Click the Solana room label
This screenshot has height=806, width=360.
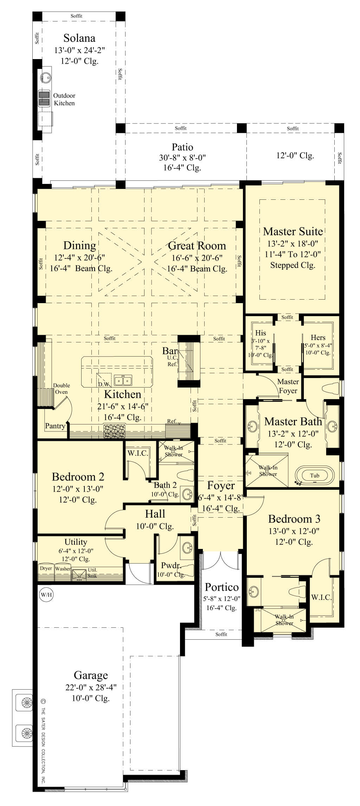click(x=79, y=38)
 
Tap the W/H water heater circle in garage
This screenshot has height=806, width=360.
click(x=45, y=595)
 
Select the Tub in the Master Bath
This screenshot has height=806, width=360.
click(x=314, y=476)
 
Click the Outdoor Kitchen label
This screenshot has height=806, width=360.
click(x=64, y=100)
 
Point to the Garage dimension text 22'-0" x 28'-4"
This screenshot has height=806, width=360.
click(x=91, y=687)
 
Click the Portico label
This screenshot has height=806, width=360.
click(x=221, y=587)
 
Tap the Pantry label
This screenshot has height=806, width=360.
click(x=55, y=426)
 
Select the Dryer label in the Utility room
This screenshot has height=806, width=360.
click(x=46, y=568)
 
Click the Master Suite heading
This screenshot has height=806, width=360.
click(x=293, y=231)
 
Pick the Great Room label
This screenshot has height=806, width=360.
click(x=197, y=246)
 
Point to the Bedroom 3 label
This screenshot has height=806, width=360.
click(x=294, y=519)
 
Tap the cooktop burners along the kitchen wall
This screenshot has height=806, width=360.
click(x=114, y=430)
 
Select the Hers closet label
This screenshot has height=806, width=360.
click(x=318, y=338)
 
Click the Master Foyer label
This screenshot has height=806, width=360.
click(x=288, y=386)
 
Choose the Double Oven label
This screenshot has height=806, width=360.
click(x=62, y=389)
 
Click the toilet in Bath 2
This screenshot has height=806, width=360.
click(x=186, y=475)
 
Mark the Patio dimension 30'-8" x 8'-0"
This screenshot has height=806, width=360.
click(x=182, y=158)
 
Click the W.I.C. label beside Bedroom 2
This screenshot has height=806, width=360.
click(x=137, y=453)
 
